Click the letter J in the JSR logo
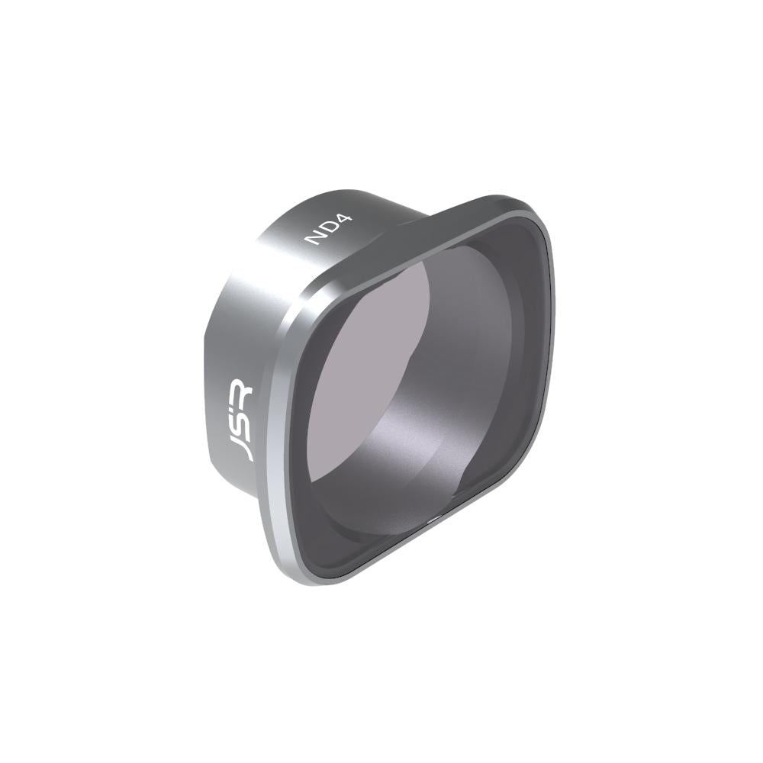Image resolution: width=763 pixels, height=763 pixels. point(243,447)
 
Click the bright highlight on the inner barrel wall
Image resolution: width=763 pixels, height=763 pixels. point(412,443)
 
